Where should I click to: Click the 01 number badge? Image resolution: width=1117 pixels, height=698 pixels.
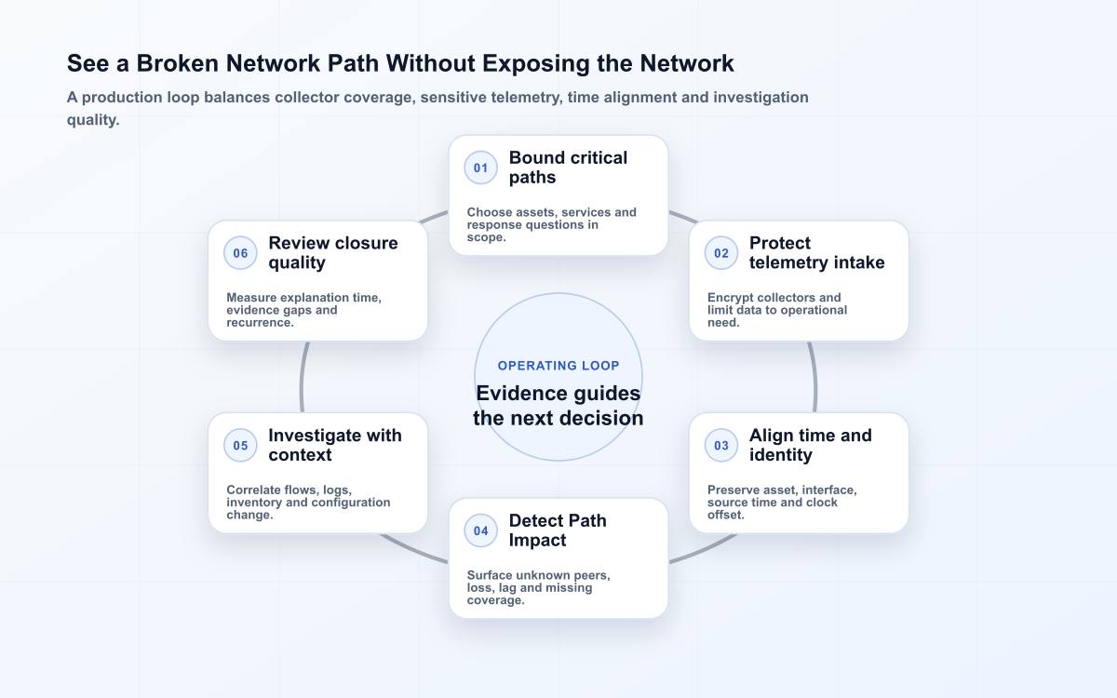tap(480, 168)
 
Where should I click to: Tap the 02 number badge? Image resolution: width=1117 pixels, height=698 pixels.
tap(721, 253)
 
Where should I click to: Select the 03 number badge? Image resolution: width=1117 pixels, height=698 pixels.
tap(721, 445)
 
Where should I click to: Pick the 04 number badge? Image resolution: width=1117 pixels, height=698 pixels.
tap(480, 531)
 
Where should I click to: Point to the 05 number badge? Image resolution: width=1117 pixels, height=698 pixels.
tap(240, 445)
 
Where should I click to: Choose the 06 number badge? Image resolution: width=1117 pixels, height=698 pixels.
tap(240, 253)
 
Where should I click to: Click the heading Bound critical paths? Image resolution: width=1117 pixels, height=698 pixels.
tap(568, 168)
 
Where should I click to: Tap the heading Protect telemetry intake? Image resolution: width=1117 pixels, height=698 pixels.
tap(817, 253)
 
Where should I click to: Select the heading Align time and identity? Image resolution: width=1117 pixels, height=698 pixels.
tap(811, 445)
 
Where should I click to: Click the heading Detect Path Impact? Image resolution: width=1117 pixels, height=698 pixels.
tap(558, 530)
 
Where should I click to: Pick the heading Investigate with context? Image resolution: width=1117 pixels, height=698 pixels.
tap(335, 445)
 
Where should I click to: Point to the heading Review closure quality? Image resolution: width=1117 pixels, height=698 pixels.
tap(333, 253)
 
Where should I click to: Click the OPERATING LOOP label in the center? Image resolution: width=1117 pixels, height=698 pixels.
tap(558, 366)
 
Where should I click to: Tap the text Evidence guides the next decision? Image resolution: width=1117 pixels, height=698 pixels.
tap(558, 406)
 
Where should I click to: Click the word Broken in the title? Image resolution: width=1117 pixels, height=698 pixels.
tap(178, 63)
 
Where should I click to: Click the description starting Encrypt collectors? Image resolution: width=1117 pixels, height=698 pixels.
tap(777, 310)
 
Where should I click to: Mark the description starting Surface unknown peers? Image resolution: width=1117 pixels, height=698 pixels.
tap(539, 588)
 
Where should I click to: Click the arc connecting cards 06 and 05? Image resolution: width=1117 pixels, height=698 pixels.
tap(302, 378)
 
